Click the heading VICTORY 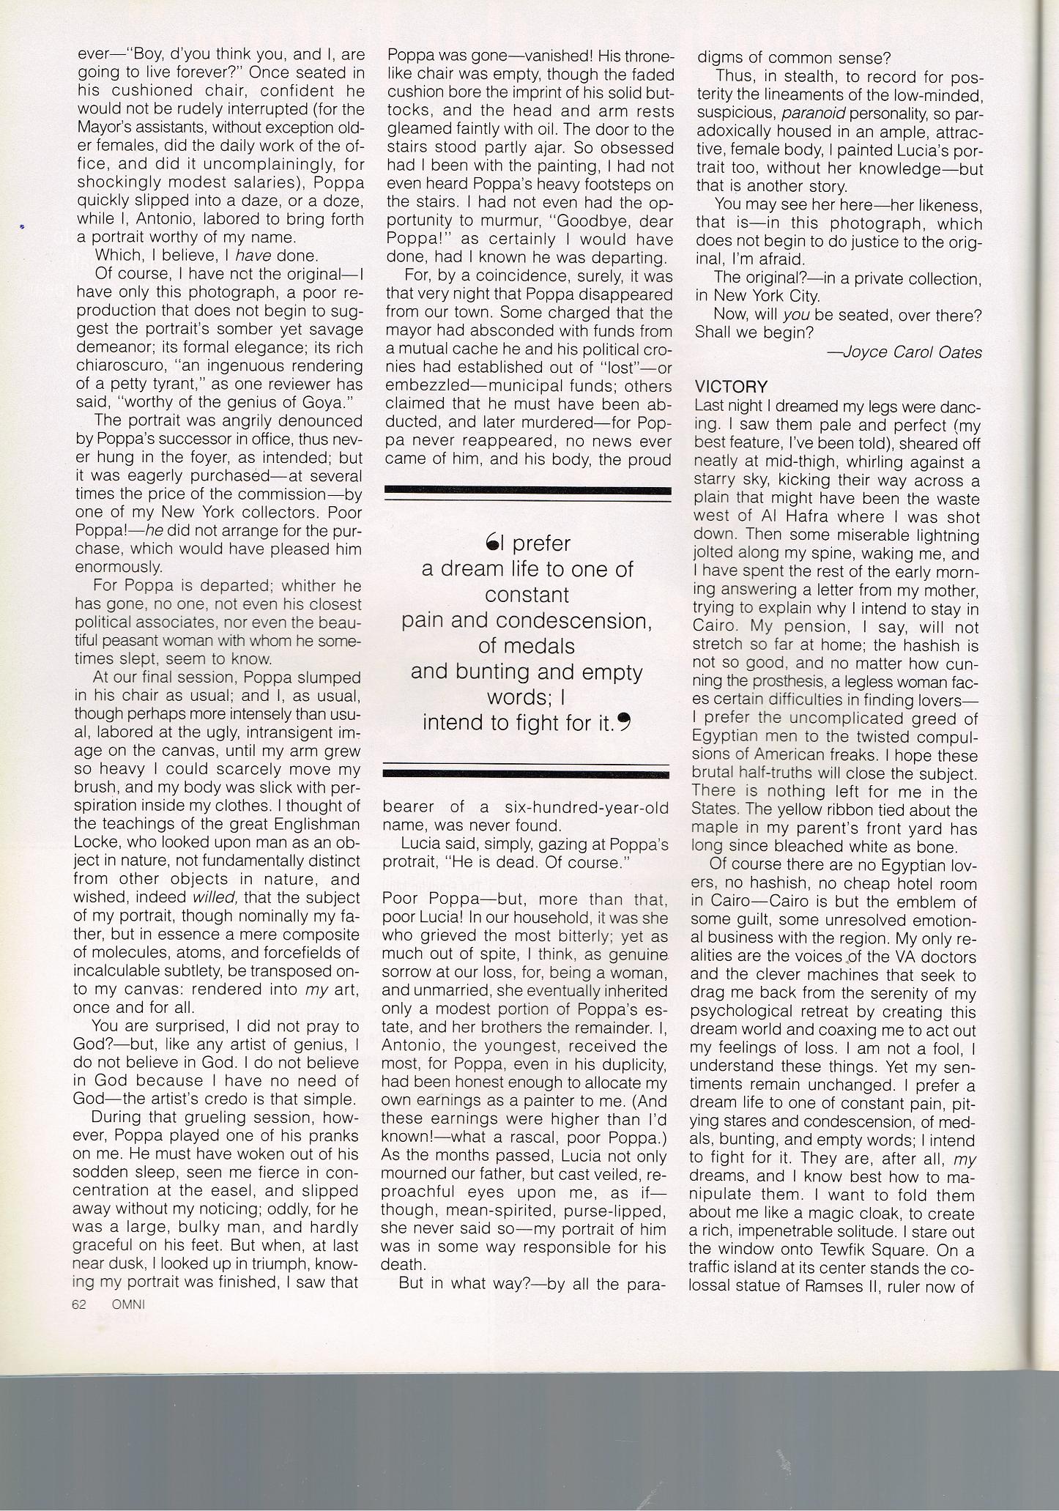click(731, 387)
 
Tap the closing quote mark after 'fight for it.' click(624, 723)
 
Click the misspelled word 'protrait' click(409, 862)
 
